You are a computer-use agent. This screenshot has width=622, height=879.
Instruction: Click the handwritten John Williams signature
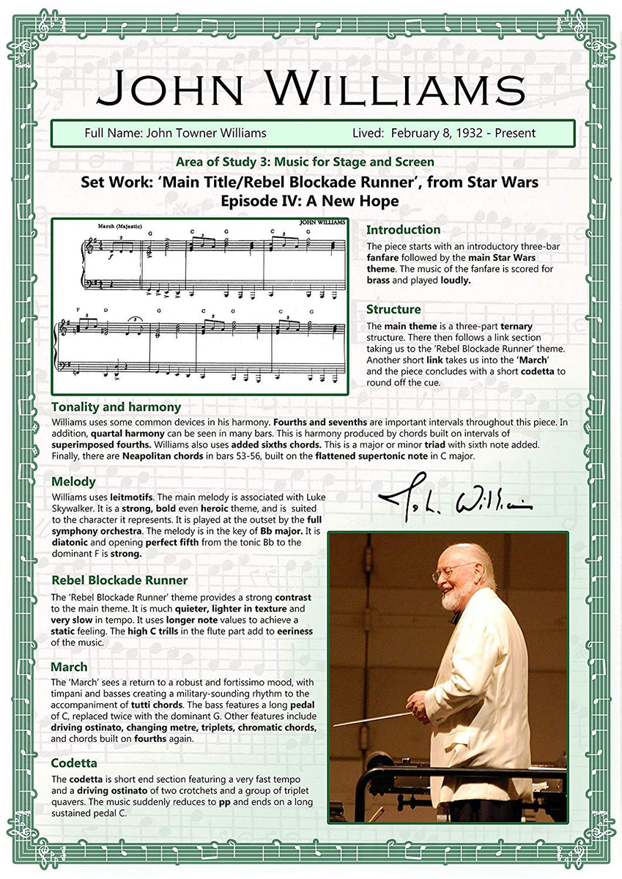point(455,500)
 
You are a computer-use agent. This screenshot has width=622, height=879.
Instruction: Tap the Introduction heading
point(403,230)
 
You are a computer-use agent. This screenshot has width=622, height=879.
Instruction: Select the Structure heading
point(393,309)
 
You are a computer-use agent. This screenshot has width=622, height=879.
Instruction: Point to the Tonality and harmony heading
point(116,407)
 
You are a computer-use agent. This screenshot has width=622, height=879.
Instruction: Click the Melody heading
point(73,481)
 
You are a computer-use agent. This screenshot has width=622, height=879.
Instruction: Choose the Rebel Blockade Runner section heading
point(119,580)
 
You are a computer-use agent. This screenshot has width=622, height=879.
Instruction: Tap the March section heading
point(69,667)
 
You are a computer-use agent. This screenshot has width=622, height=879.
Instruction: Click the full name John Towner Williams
point(206,133)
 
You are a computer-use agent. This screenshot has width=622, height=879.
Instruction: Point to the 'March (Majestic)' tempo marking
point(119,226)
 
